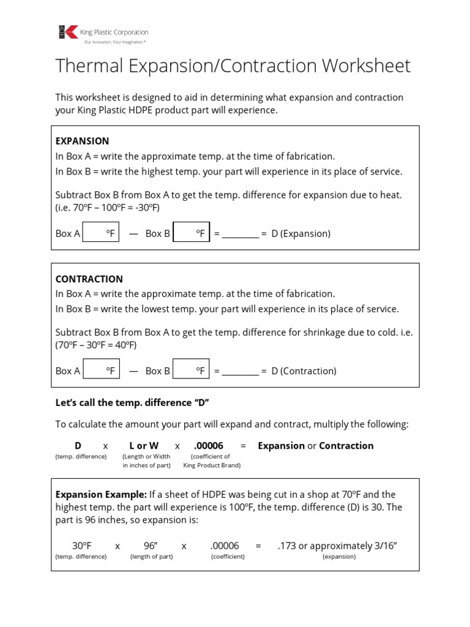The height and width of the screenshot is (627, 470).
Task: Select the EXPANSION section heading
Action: [82, 141]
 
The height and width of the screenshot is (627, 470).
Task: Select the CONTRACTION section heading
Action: [89, 279]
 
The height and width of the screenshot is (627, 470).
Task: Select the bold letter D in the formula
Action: [78, 446]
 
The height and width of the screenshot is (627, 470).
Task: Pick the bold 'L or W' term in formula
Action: [144, 446]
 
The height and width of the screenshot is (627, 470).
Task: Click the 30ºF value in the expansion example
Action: [81, 546]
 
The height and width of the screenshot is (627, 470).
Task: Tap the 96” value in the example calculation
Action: [151, 546]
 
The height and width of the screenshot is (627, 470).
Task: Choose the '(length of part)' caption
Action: [151, 557]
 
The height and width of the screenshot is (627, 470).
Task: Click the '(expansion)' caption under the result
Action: [339, 557]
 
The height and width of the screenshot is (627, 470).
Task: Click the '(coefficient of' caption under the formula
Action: [210, 456]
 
